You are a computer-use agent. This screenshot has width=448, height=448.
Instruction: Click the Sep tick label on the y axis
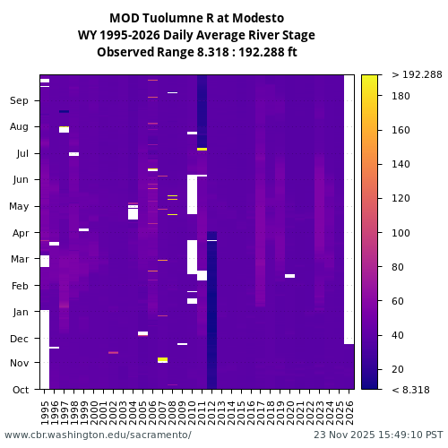pyautogui.click(x=20, y=101)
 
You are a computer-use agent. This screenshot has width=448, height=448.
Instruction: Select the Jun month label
pyautogui.click(x=20, y=180)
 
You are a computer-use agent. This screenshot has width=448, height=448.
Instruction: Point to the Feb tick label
pyautogui.click(x=20, y=286)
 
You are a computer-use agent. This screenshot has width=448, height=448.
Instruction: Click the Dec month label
pyautogui.click(x=20, y=339)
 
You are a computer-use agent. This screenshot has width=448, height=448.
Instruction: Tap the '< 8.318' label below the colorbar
pyautogui.click(x=410, y=390)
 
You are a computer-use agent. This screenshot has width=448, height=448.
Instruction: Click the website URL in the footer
pyautogui.click(x=98, y=435)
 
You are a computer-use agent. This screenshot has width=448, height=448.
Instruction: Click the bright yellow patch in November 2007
pyautogui.click(x=162, y=360)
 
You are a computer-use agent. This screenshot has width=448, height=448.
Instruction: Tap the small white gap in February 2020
pyautogui.click(x=289, y=276)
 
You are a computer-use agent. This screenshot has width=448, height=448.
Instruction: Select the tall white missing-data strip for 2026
pyautogui.click(x=349, y=206)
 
